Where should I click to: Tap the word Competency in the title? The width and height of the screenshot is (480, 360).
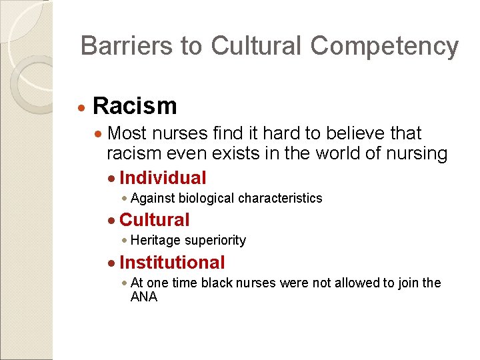point(384,47)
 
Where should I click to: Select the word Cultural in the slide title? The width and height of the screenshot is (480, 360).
point(257,46)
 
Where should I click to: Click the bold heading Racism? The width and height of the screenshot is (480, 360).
point(135,105)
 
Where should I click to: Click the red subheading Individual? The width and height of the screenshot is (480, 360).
point(163,178)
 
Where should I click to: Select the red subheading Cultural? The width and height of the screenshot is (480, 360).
point(155,220)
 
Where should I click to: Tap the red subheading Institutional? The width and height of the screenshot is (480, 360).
point(172,263)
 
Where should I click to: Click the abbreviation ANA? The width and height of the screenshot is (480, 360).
point(144,297)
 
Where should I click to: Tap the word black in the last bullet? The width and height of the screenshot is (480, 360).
point(224,283)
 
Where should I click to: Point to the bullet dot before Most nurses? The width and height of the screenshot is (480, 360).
point(99,134)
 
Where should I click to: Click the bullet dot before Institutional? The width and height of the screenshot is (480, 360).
point(112,263)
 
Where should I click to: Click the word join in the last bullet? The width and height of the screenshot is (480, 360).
point(409,283)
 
